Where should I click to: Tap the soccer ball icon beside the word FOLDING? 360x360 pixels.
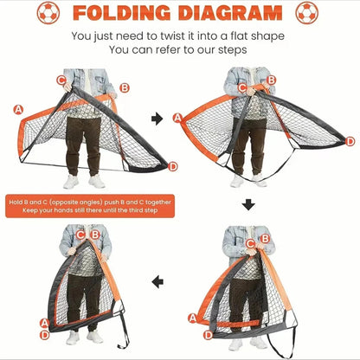(48, 13)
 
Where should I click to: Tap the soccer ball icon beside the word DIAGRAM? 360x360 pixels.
(306, 13)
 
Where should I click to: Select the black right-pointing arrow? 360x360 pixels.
(157, 118)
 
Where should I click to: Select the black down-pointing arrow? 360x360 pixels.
(248, 204)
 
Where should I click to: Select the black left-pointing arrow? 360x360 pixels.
(157, 281)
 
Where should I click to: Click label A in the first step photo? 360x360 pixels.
(18, 109)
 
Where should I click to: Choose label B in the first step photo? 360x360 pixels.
(125, 87)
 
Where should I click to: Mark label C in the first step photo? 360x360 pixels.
(61, 80)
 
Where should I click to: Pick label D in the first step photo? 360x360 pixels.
(173, 166)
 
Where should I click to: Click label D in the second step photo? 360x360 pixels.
(350, 141)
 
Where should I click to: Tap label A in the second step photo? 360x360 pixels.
(177, 118)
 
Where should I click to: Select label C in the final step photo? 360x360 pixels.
(80, 235)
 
